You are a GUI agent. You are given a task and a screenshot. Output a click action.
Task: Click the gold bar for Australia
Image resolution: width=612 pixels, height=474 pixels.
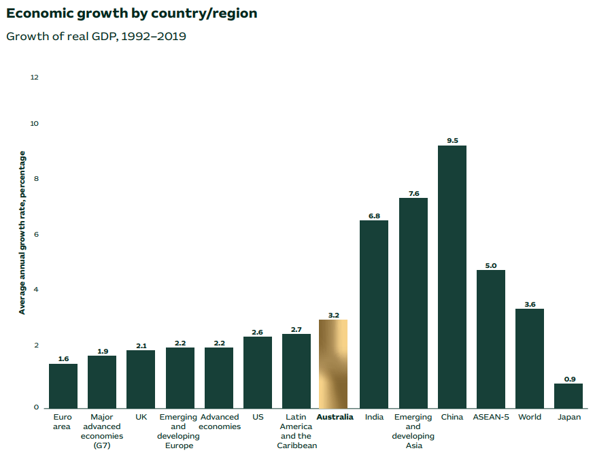[333, 364]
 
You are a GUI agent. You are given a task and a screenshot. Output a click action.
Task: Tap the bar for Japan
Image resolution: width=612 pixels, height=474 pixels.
[568, 396]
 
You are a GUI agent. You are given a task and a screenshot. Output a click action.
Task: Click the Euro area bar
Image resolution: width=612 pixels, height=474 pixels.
[63, 386]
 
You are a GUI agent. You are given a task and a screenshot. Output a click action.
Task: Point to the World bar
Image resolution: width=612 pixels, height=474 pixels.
[530, 358]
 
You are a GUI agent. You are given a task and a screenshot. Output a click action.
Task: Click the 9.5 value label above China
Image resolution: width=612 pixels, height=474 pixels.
[452, 140]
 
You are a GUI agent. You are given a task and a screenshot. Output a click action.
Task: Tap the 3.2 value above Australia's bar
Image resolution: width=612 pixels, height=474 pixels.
[333, 315]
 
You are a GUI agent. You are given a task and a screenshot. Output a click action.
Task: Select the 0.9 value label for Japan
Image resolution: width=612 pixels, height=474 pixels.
[569, 379]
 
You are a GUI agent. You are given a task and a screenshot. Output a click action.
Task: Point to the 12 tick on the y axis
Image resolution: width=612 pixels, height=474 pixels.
[35, 78]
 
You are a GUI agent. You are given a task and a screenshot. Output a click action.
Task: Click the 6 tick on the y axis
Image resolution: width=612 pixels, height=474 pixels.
[37, 235]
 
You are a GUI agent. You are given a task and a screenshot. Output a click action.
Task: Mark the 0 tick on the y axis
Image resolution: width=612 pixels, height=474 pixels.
[37, 408]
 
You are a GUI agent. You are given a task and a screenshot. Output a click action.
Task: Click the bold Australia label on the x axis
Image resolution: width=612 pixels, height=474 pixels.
[335, 417]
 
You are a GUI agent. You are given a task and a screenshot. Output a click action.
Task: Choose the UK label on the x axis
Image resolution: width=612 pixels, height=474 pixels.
[141, 417]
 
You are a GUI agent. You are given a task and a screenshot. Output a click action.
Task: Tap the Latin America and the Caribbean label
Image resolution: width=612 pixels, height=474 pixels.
[296, 431]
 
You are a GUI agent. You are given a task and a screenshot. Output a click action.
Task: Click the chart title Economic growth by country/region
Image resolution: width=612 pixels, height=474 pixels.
[131, 14]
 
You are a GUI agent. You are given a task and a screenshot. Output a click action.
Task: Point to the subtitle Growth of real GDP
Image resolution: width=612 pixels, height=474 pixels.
[96, 36]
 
